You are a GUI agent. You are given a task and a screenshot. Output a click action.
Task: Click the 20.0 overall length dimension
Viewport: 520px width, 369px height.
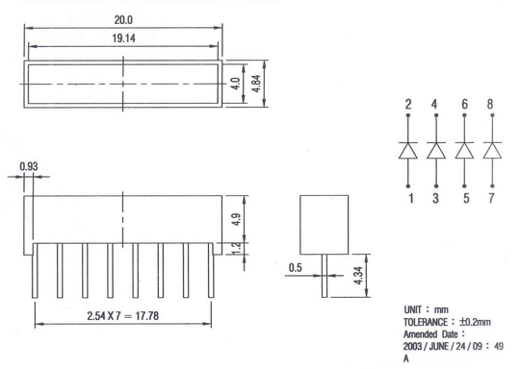[x=123, y=20]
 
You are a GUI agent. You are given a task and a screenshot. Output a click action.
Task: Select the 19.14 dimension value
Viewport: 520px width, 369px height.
[x=123, y=38]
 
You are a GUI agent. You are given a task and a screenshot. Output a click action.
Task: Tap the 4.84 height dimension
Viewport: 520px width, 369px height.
[x=256, y=84]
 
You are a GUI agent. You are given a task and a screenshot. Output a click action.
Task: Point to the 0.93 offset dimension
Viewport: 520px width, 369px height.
[x=29, y=166]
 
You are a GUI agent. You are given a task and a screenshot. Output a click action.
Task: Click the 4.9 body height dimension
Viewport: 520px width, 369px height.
[x=237, y=219]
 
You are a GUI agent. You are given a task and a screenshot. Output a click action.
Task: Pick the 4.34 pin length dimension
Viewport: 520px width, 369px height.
[x=358, y=276]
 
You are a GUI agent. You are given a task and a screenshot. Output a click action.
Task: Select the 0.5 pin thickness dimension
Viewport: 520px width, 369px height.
[x=296, y=268]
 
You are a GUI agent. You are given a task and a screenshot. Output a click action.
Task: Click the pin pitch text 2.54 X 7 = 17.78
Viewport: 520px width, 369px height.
[x=123, y=316]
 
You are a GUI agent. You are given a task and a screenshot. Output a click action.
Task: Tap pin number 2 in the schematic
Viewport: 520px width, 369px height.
[x=408, y=105]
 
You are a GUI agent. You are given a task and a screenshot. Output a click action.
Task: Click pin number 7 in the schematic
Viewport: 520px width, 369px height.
[x=491, y=198]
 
